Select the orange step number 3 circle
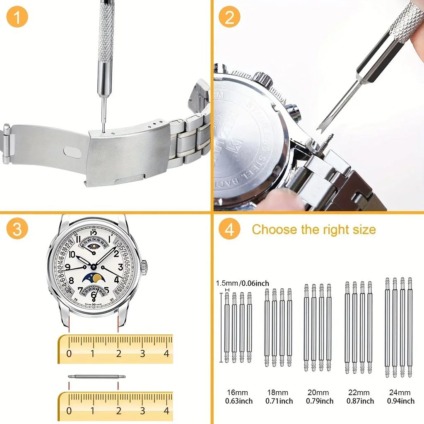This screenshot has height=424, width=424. click(x=17, y=229)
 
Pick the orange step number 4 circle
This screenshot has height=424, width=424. click(x=229, y=229)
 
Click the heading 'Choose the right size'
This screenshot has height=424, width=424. click(x=314, y=229)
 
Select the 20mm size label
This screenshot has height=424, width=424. click(x=319, y=393)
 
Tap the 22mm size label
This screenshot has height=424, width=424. click(x=359, y=393)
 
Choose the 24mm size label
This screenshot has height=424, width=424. click(x=400, y=393)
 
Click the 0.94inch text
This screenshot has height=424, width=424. click(x=400, y=401)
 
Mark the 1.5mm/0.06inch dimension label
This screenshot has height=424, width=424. click(x=243, y=283)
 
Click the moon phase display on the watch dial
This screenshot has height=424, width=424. click(x=94, y=278)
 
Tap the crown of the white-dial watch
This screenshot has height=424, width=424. click(x=144, y=267)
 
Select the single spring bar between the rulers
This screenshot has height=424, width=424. click(x=96, y=376)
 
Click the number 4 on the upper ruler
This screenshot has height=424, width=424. click(x=166, y=354)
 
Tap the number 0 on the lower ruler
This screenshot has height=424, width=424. click(x=69, y=411)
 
